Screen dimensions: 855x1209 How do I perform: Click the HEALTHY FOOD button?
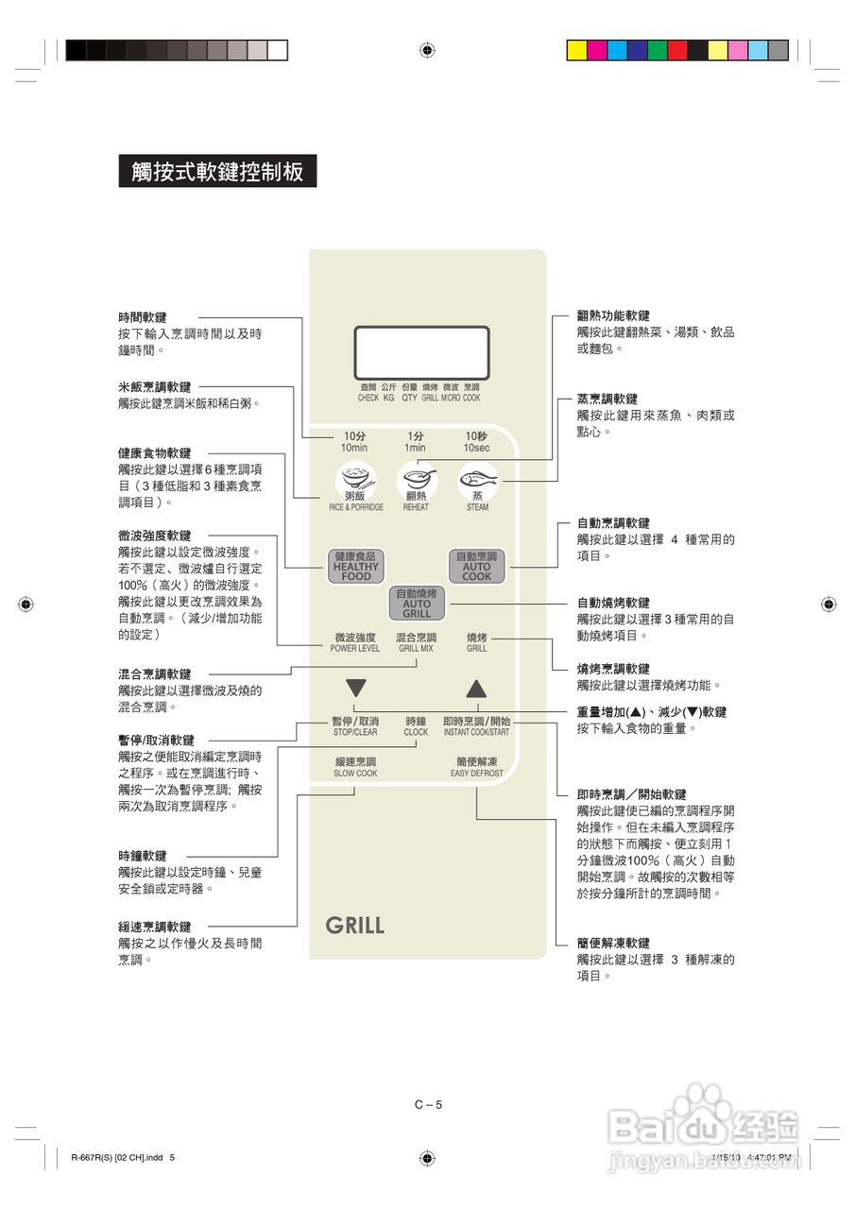pyautogui.click(x=356, y=566)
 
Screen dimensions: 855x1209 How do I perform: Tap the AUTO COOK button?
pyautogui.click(x=476, y=566)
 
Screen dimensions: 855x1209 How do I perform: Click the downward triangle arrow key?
pyautogui.click(x=355, y=688)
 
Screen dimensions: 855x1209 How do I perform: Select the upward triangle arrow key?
pyautogui.click(x=476, y=688)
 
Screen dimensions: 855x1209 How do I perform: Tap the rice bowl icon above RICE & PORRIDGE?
pyautogui.click(x=356, y=479)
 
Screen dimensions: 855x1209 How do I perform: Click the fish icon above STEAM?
pyautogui.click(x=477, y=479)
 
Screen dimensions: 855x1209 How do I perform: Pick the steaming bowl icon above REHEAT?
pyautogui.click(x=416, y=479)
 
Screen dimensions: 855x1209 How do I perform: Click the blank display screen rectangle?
pyautogui.click(x=421, y=352)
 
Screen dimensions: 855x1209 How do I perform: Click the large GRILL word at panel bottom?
pyautogui.click(x=355, y=926)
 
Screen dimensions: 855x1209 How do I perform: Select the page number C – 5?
pyautogui.click(x=428, y=1104)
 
